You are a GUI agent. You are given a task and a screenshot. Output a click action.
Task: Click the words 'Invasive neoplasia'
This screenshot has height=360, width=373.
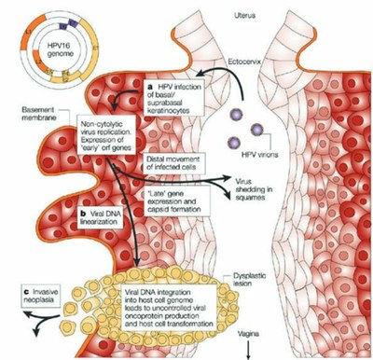43,295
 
